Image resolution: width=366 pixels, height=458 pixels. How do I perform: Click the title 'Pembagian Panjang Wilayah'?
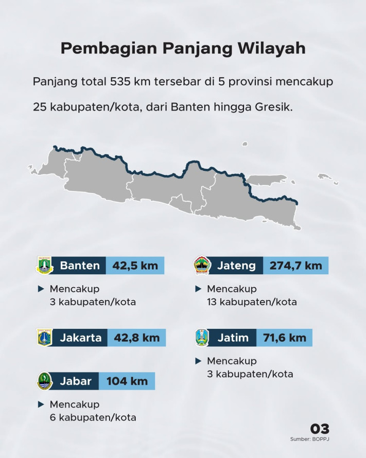183,48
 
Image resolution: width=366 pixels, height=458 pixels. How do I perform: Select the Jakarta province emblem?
45,338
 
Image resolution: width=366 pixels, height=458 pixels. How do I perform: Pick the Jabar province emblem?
45,381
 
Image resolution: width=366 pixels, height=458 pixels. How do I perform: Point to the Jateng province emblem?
201,266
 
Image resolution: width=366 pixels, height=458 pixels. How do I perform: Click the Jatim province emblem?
201,338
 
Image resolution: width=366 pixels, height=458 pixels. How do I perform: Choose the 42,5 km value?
135,266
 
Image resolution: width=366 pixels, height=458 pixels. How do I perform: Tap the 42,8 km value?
137,338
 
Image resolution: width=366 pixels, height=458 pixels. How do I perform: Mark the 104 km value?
127,381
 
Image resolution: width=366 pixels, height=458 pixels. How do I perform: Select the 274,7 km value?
295,266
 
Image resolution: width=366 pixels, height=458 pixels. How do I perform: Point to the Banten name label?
80,266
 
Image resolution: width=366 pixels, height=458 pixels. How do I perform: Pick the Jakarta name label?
80,338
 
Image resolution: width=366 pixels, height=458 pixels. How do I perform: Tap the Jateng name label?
236,266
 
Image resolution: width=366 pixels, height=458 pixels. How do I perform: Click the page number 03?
320,429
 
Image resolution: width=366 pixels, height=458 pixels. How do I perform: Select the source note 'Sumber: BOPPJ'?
309,439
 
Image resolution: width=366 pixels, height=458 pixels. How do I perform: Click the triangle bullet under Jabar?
41,404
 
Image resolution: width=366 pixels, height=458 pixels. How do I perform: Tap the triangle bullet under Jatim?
198,361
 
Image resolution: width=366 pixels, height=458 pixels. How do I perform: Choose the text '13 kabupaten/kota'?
252,302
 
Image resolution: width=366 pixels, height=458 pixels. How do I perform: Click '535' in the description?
119,82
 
